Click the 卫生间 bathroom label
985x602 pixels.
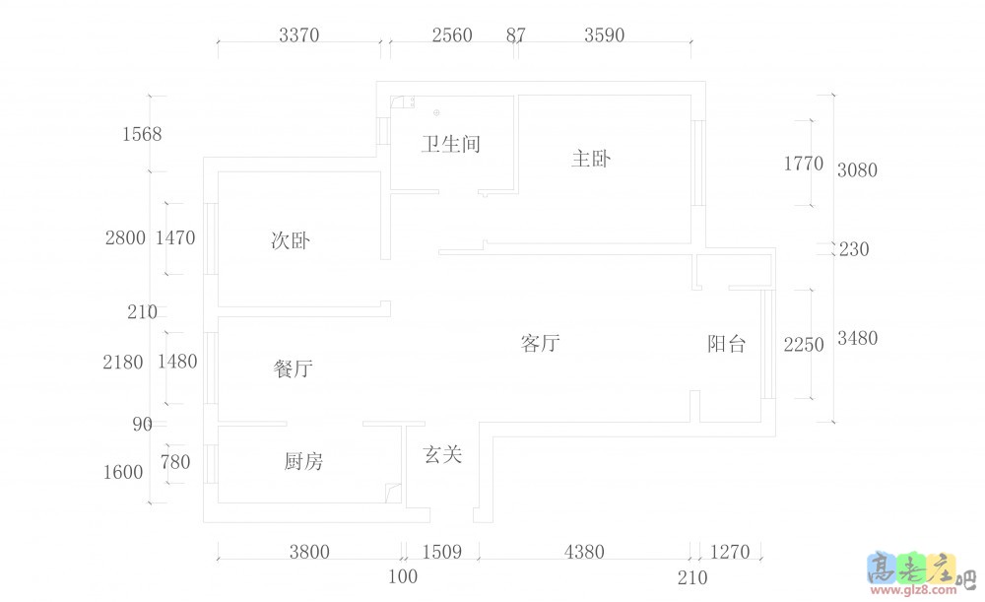tap(450, 145)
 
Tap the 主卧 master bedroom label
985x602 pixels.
tap(591, 159)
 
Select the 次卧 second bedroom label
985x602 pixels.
tap(291, 239)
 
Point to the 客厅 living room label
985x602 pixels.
tap(540, 344)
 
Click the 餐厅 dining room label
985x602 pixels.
tap(293, 369)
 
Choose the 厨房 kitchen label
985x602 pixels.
tap(303, 461)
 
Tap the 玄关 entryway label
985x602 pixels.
tap(442, 455)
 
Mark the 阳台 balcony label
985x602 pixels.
tap(727, 345)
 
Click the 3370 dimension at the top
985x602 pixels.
tap(299, 36)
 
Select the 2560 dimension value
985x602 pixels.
tap(452, 36)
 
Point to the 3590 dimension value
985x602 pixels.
tap(604, 36)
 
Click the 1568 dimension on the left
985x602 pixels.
tap(142, 134)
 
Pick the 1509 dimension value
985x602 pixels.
tap(441, 553)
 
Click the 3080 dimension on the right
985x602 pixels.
tap(857, 170)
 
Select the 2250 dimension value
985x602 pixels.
tap(803, 345)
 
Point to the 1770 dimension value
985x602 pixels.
tap(803, 165)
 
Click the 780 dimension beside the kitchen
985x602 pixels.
tap(176, 462)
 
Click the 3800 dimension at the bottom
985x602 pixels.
tap(309, 553)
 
